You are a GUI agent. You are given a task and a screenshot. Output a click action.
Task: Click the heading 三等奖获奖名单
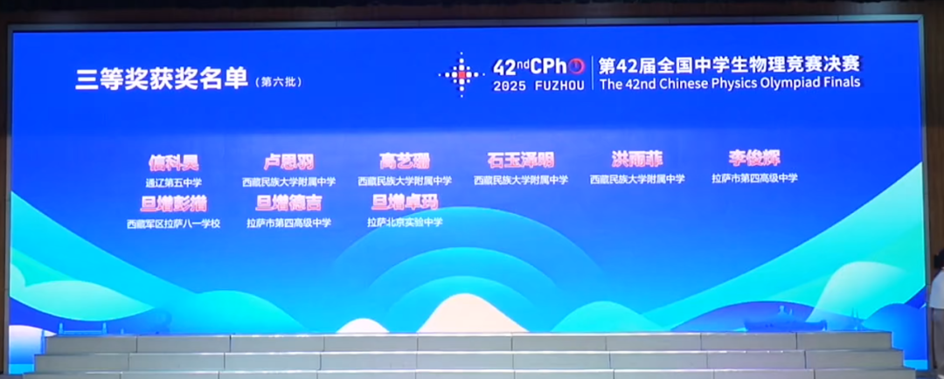click(161, 78)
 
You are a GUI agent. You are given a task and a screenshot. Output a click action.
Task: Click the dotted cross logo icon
click(461, 74)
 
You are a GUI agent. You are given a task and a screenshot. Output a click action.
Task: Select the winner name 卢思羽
click(288, 162)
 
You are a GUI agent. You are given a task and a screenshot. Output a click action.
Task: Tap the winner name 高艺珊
click(404, 162)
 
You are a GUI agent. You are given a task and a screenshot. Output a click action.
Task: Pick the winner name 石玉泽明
click(520, 161)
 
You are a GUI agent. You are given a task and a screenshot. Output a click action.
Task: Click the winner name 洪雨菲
click(637, 160)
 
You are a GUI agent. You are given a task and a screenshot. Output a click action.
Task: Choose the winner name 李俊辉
click(754, 158)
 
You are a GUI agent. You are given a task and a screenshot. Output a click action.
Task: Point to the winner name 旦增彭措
click(173, 203)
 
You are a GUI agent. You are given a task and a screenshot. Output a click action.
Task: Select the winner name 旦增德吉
click(288, 203)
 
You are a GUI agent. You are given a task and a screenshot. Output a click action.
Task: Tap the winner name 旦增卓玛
click(404, 203)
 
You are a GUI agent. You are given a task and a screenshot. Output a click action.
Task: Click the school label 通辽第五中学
click(173, 183)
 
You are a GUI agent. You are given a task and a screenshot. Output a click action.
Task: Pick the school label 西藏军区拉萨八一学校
click(173, 224)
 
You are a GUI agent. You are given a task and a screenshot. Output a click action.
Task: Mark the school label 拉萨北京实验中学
click(404, 223)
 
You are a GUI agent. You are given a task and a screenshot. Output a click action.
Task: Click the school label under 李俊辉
click(754, 178)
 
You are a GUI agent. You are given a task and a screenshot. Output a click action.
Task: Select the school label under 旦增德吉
click(288, 224)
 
